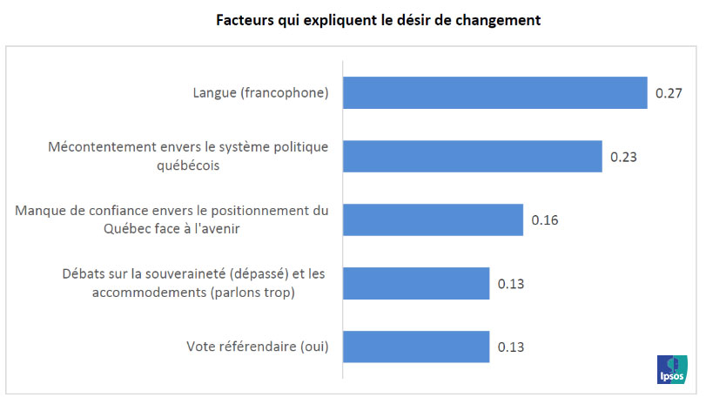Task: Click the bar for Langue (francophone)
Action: point(494,92)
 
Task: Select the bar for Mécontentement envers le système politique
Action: point(473,156)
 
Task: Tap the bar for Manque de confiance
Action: point(433,219)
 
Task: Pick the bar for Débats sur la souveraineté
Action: point(416,283)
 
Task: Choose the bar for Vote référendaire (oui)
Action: point(416,347)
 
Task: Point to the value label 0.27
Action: point(668,92)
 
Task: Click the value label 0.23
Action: point(623,157)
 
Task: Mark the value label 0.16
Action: point(544,219)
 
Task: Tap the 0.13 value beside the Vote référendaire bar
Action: point(511,347)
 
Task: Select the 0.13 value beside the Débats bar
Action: point(511,283)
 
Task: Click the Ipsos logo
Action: point(673,369)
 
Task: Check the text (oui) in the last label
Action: point(313,347)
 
